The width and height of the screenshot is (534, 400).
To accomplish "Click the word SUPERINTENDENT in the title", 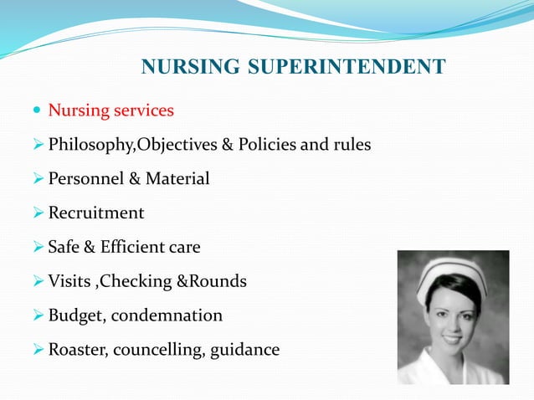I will pyautogui.click(x=349, y=67).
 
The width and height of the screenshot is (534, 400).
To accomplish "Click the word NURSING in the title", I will pyautogui.click(x=193, y=67).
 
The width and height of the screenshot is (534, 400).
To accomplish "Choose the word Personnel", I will pyautogui.click(x=86, y=179).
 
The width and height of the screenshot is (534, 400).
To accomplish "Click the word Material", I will pyautogui.click(x=177, y=179).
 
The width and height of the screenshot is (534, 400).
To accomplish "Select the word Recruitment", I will pyautogui.click(x=96, y=213).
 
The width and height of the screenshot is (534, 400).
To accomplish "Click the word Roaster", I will pyautogui.click(x=78, y=350).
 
